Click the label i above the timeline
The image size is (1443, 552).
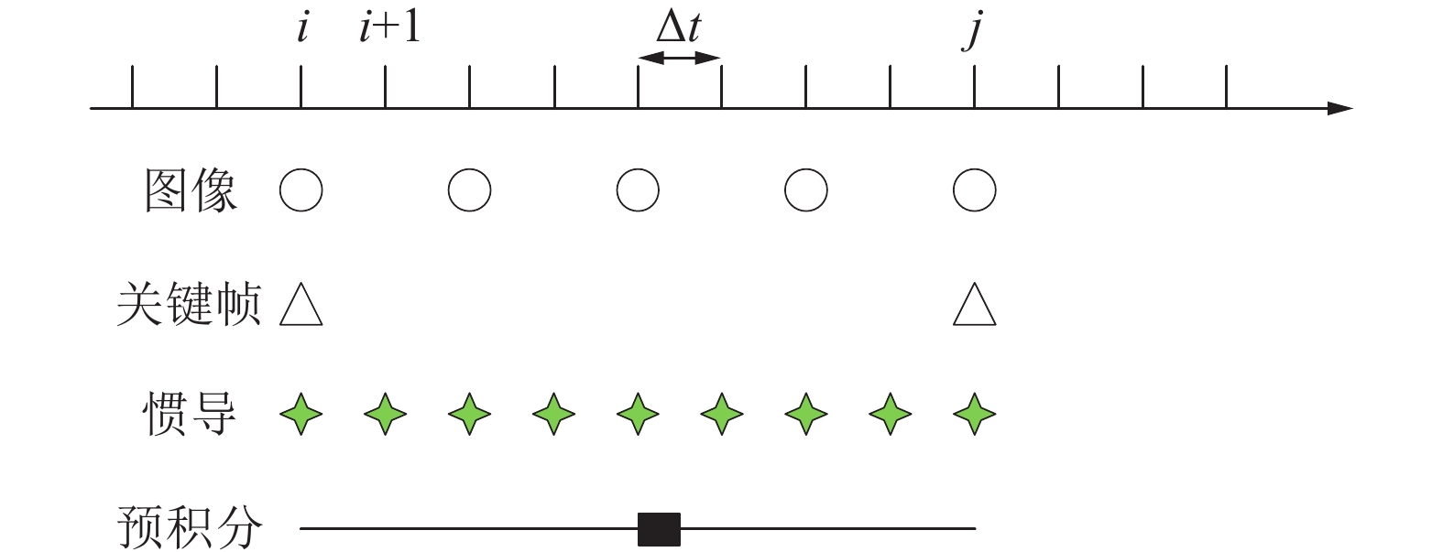point(302,28)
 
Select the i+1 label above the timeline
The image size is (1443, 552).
point(389,28)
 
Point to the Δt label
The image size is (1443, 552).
point(679,28)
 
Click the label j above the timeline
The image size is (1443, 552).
point(973,30)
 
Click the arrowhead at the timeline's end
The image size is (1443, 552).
point(1339,109)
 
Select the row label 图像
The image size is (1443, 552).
point(191,191)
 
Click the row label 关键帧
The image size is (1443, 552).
point(189,304)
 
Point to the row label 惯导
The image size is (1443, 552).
point(191,414)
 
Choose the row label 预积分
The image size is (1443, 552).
point(189,528)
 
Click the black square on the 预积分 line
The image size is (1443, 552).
point(659,529)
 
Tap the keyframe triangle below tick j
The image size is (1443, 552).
point(974,306)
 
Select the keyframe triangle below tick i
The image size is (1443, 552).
point(301,306)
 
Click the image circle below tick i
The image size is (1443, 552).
point(301,190)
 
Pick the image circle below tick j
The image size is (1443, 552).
point(974,190)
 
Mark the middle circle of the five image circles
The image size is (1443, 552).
point(638,190)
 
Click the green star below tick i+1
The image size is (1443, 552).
point(386,414)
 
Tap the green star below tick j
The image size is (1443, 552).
point(974,414)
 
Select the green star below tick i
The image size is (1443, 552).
point(301,414)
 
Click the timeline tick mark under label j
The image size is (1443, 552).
point(974,88)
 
